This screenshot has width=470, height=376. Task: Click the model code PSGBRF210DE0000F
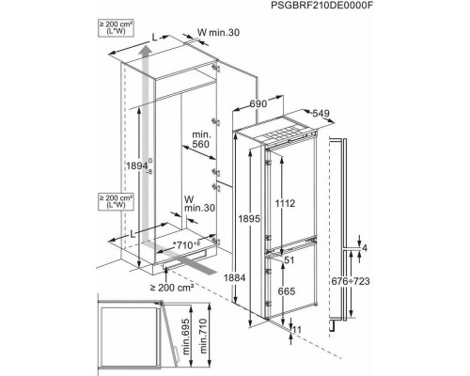(x=322, y=6)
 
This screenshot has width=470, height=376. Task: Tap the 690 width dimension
(x=258, y=103)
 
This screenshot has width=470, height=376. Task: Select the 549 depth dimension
(x=321, y=113)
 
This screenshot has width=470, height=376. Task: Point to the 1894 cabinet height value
(x=136, y=165)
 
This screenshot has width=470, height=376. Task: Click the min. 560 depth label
(x=200, y=139)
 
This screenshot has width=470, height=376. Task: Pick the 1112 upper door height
(x=285, y=203)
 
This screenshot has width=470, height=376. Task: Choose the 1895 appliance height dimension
(x=249, y=218)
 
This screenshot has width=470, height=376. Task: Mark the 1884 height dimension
(x=235, y=277)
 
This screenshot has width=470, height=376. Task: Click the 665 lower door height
(x=287, y=291)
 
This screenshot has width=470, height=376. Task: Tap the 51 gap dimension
(x=290, y=259)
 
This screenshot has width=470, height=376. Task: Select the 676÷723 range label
(x=351, y=281)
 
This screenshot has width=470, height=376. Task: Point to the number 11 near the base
(x=296, y=330)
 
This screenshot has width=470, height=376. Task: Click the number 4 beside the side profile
(x=365, y=248)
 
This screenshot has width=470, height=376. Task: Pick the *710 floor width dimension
(x=186, y=245)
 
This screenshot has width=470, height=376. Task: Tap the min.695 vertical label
(x=186, y=337)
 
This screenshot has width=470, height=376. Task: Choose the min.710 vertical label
(x=203, y=337)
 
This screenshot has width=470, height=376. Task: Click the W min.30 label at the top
(x=218, y=32)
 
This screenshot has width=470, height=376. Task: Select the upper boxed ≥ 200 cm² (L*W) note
(x=116, y=28)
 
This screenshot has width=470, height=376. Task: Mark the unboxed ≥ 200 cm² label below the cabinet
(x=172, y=288)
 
